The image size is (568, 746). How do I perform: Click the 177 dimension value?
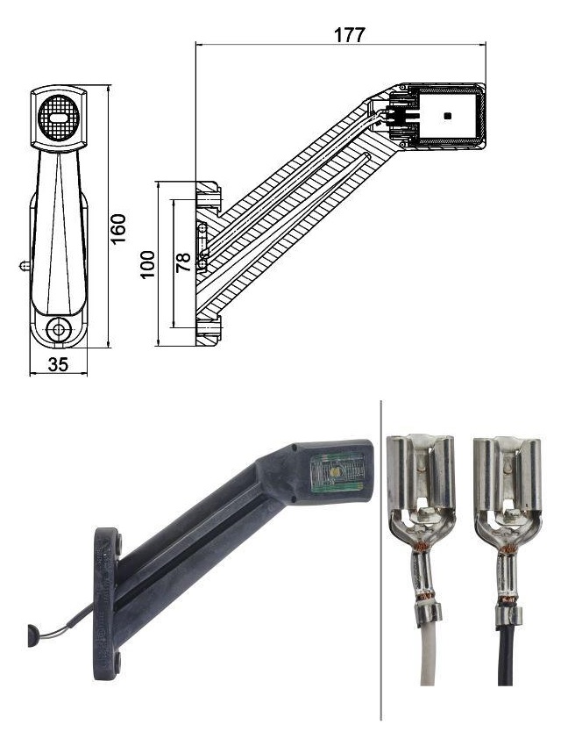coord(349,34)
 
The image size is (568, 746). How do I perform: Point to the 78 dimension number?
coord(183,262)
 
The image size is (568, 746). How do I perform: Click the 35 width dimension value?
coord(58,364)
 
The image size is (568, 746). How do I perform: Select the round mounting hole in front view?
coord(59,330)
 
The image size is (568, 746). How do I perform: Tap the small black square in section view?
coord(448,115)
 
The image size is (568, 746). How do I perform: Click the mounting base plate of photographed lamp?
coord(107,597)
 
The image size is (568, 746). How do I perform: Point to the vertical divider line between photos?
coord(381,562)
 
